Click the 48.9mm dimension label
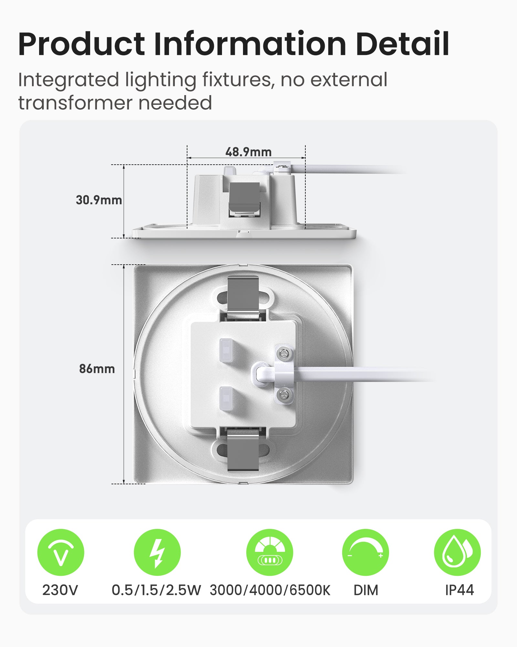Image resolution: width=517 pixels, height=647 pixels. [x=248, y=152]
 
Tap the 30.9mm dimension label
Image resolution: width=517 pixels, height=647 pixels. [x=99, y=200]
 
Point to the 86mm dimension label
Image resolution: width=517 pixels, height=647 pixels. [x=97, y=369]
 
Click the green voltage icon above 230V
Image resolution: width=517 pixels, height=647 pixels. [x=61, y=552]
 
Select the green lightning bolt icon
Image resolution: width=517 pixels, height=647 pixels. [x=157, y=552]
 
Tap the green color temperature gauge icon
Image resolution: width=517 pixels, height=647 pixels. [x=270, y=552]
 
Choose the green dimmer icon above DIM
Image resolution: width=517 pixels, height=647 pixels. [x=365, y=552]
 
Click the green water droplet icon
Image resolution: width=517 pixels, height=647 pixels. [x=458, y=552]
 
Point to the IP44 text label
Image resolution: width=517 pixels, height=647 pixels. [x=459, y=590]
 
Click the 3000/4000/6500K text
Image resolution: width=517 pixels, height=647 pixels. [x=270, y=590]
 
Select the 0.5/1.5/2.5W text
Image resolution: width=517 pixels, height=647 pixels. [x=156, y=590]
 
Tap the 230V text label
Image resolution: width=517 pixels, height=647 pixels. [x=60, y=590]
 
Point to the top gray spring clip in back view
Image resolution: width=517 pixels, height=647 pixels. [x=243, y=295]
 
